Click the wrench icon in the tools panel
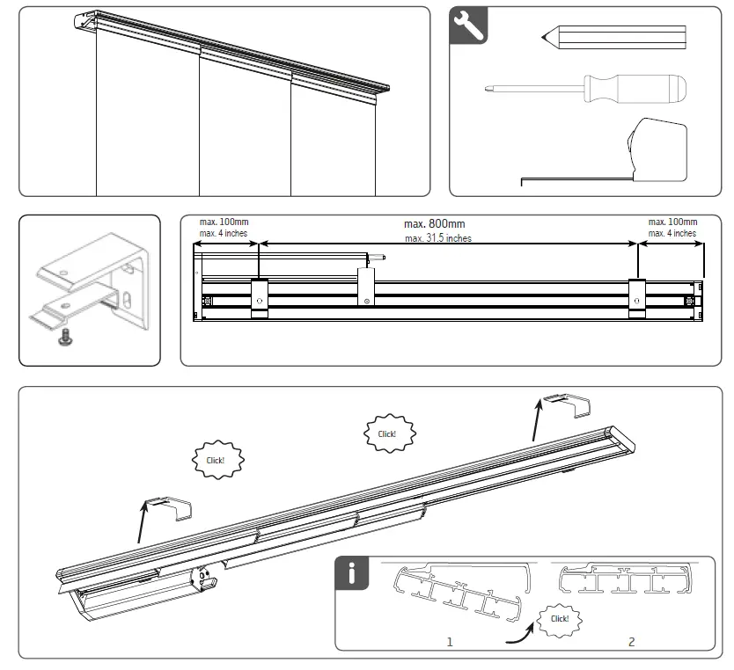467,26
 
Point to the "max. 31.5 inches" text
437,238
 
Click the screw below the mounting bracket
64,336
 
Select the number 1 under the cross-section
449,642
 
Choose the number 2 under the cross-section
631,642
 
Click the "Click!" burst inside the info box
559,618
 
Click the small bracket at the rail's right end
567,406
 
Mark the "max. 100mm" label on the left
224,222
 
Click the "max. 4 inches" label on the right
672,234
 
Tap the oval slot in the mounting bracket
128,303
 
